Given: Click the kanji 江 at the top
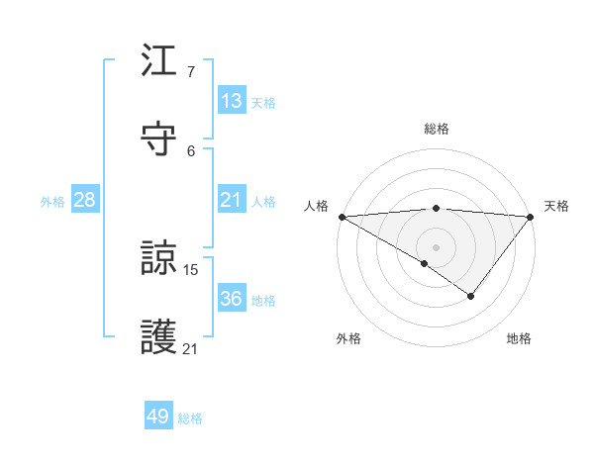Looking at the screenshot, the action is point(159,62).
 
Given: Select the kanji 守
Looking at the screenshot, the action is point(159,139).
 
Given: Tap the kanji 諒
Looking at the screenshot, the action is point(159,260).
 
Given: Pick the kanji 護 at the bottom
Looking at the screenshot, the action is point(159,337).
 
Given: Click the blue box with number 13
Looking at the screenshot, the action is point(232,101).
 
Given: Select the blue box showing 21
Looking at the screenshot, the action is point(232,201).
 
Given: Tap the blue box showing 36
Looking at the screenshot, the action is point(232,300).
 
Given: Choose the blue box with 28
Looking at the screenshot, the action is point(85,201).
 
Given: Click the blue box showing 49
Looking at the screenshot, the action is point(158,418).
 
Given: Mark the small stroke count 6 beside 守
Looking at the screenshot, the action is point(191,150).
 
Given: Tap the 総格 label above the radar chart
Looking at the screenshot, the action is point(437,129).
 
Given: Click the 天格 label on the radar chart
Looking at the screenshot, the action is point(556,206).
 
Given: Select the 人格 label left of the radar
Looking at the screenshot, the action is point(317,206).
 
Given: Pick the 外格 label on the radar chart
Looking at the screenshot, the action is point(348,339).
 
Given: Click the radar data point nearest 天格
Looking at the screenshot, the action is point(531,216).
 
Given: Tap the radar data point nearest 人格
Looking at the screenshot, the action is point(341,216).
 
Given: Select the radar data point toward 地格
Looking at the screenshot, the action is point(471,296).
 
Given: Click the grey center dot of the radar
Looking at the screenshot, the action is point(436,246).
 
